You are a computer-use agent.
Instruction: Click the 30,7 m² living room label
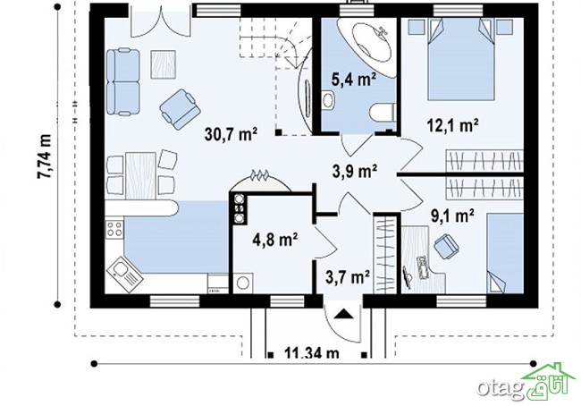coord(231,134)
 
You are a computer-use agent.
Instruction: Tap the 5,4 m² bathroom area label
coord(353,80)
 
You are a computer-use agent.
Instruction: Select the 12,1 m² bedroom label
coord(452,125)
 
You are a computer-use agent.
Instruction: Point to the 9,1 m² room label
coord(452,216)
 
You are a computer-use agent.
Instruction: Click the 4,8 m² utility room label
coord(275,239)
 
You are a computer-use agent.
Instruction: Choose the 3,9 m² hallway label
coord(355,171)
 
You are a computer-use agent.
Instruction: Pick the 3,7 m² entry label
coord(348,275)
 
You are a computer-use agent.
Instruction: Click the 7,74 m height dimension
coord(44,156)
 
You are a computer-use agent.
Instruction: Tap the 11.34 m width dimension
coord(312,352)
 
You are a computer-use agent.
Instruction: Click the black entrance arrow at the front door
coord(344,314)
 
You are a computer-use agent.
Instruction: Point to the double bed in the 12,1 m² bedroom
coord(461,59)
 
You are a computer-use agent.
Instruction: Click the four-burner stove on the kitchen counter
coord(114,229)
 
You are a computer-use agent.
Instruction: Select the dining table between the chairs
coord(140,176)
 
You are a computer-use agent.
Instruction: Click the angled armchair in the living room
coord(180,109)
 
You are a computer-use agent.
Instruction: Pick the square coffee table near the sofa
coord(163,64)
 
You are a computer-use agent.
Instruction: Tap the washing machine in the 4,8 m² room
coord(243,283)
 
